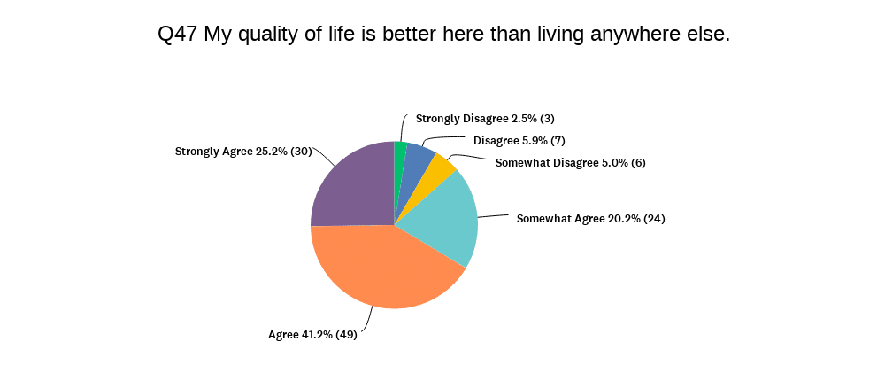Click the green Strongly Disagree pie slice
401,155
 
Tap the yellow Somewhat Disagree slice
440,171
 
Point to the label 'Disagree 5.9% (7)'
519,140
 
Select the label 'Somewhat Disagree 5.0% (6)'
571,162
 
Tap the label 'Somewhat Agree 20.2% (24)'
590,218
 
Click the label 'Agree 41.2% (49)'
312,335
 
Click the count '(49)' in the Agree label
346,335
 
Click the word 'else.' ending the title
706,35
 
